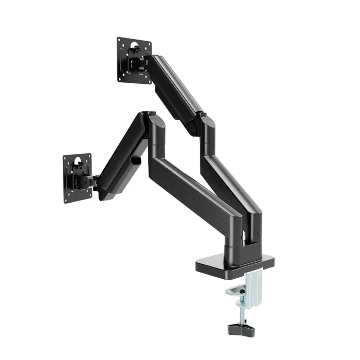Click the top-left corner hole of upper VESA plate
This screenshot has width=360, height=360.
(x=120, y=40)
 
